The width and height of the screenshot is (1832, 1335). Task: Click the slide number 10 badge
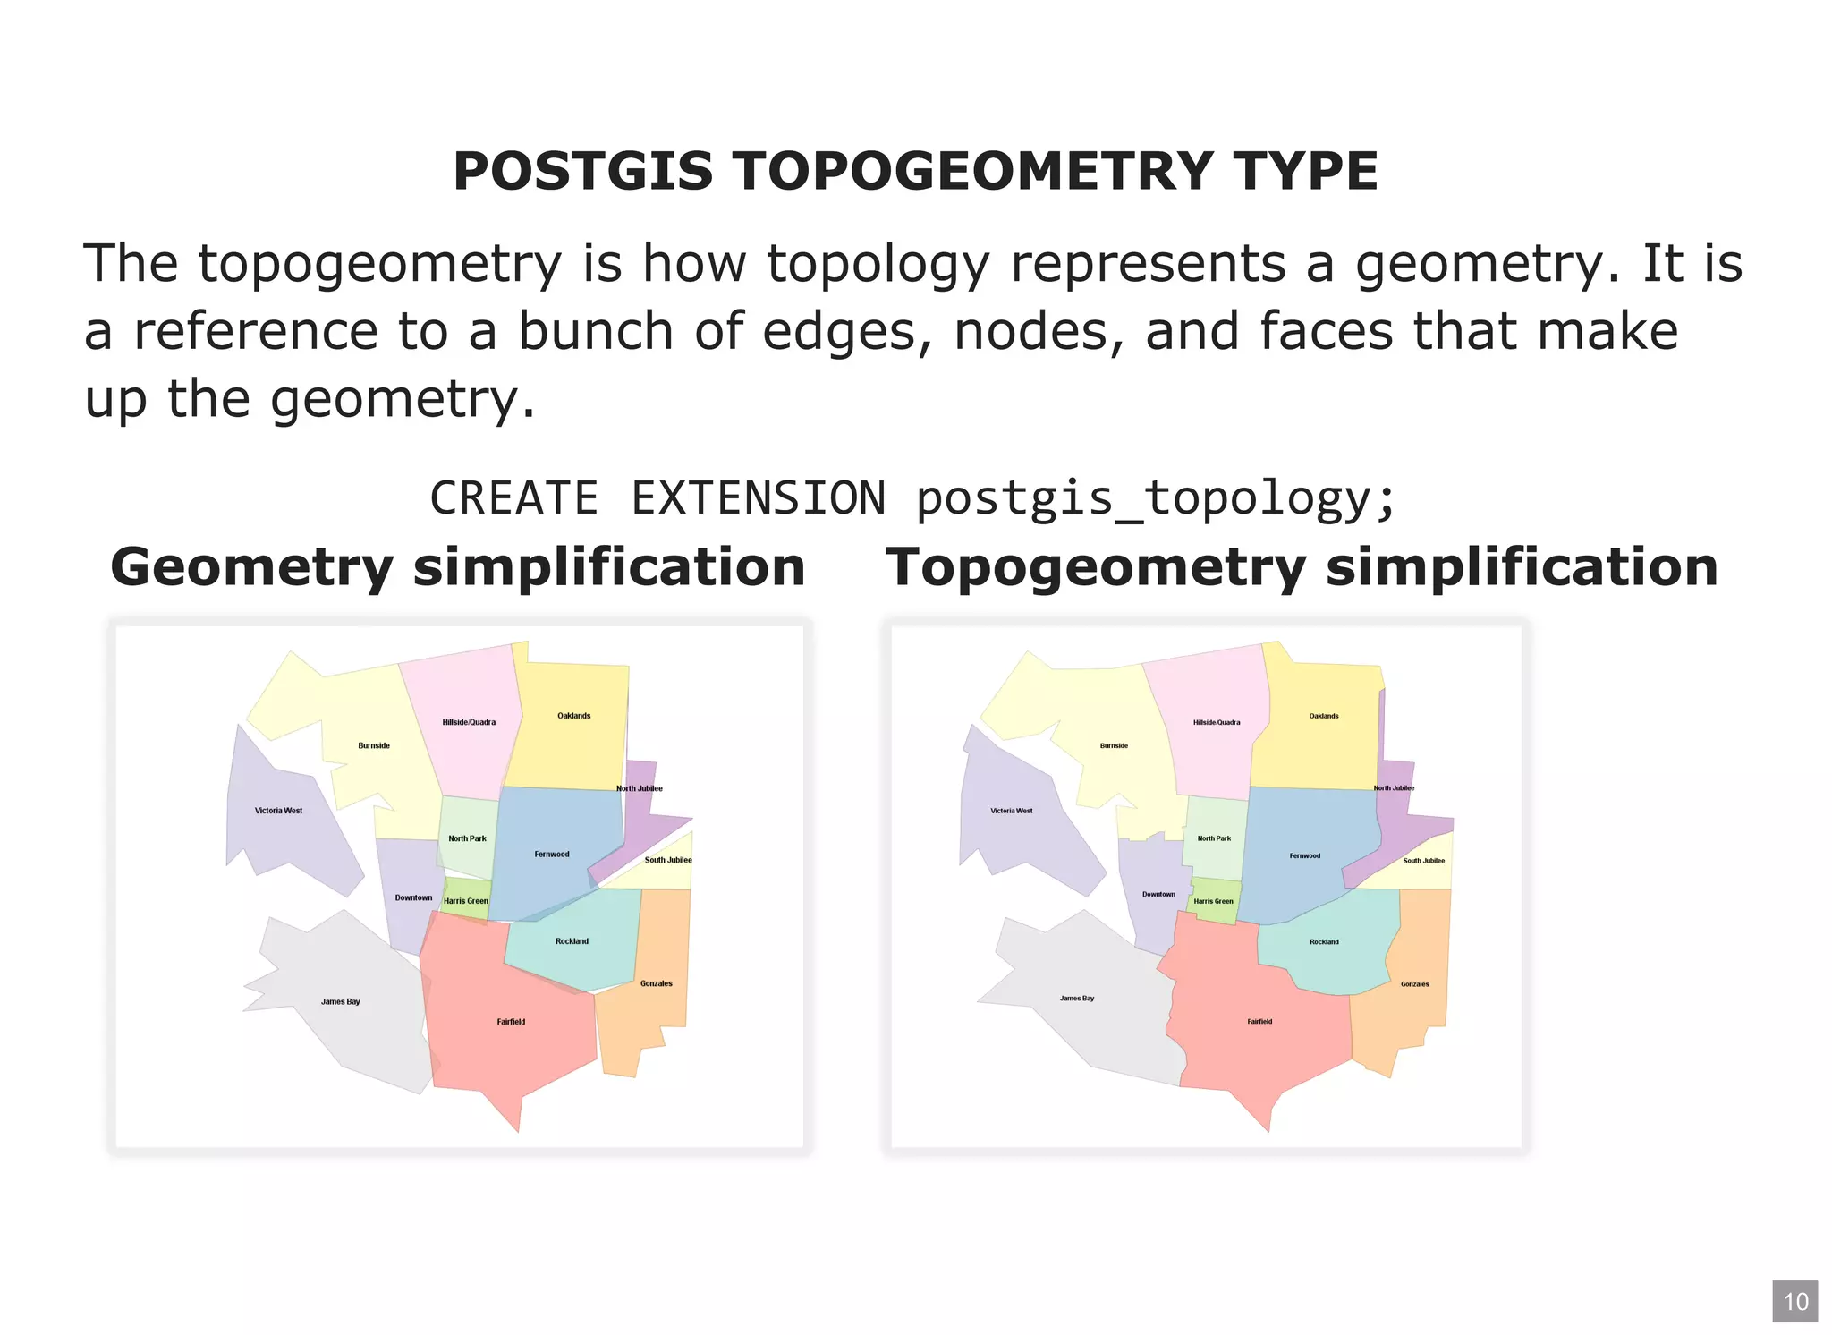(x=1794, y=1301)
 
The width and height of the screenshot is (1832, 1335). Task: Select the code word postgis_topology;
(x=1155, y=498)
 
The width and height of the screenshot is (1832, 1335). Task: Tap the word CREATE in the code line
(x=513, y=498)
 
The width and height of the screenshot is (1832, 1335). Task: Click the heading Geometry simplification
(x=457, y=567)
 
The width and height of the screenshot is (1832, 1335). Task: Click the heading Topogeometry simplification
(x=1301, y=567)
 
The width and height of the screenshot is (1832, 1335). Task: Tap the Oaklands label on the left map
(x=573, y=716)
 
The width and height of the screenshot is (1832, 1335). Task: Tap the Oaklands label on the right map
(x=1324, y=716)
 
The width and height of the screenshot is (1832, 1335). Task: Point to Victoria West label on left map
(x=278, y=811)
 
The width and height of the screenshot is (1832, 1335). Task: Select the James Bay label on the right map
(x=1077, y=998)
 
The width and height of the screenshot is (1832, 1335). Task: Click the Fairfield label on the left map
(x=511, y=1022)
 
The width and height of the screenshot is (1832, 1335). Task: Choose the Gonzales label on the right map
(x=1414, y=984)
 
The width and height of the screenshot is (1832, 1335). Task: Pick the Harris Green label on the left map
(x=466, y=901)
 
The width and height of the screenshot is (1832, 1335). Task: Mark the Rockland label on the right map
(x=1324, y=942)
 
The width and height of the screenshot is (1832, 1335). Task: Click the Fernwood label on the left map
(x=552, y=855)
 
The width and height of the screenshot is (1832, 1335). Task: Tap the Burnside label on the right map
(x=1114, y=745)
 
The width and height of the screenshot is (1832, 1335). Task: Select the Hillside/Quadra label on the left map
(x=469, y=722)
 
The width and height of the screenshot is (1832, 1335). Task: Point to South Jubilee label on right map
(x=1423, y=861)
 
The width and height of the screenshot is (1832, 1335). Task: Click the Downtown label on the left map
(x=413, y=897)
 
